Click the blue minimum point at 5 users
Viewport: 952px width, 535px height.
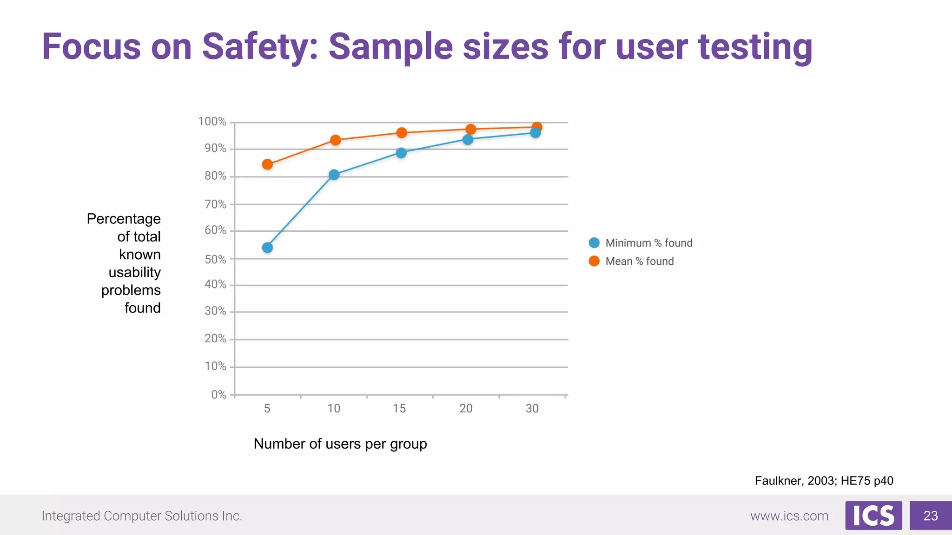point(267,248)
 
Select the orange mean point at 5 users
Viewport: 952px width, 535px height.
point(267,164)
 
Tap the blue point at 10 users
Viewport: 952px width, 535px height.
point(334,175)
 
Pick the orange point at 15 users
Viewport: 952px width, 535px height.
point(402,133)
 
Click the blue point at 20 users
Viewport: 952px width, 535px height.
point(468,139)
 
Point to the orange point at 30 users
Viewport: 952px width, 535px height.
point(537,127)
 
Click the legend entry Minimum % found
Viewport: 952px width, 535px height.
point(648,243)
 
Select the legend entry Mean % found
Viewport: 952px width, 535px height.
point(639,261)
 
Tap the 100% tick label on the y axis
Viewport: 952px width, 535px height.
point(212,122)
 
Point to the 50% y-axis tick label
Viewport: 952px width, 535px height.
point(215,259)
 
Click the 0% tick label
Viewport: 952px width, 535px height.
point(218,395)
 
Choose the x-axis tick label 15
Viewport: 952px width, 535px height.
point(399,409)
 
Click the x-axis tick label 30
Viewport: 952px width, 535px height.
point(532,409)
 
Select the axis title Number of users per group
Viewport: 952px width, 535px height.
point(340,444)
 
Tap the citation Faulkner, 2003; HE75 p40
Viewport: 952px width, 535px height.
point(824,481)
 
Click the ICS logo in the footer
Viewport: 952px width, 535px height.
point(873,515)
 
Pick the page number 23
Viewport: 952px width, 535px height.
point(931,515)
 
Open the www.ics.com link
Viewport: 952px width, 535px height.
point(789,516)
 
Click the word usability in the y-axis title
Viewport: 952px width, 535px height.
point(135,272)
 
